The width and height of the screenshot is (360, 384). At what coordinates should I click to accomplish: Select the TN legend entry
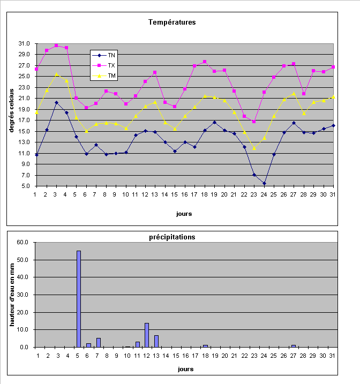pos(111,55)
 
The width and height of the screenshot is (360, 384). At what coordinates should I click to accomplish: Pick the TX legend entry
pos(111,65)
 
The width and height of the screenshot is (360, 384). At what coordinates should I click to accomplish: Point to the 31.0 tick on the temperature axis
pos(23,44)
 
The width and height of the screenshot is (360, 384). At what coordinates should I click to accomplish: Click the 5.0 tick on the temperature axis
pos(25,186)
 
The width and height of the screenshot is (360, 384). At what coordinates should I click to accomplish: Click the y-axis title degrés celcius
pos(11,114)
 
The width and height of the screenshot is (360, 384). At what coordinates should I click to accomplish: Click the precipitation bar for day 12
pos(147,335)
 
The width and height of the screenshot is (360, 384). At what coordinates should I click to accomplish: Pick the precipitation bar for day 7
pos(99,343)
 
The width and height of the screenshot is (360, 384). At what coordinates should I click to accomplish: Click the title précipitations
pos(179,237)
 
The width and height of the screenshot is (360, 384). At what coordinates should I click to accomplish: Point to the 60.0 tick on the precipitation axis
pos(23,242)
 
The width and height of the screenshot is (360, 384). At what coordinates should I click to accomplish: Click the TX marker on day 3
pos(56,46)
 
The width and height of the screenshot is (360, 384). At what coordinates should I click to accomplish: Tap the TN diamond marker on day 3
pos(56,102)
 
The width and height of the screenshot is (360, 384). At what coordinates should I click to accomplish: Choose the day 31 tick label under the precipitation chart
pos(332,356)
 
